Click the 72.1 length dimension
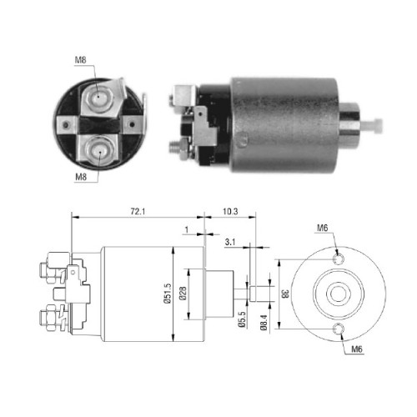pyautogui.click(x=138, y=212)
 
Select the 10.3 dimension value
pyautogui.click(x=230, y=212)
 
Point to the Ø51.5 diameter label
pyautogui.click(x=168, y=294)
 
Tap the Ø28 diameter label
pyautogui.click(x=183, y=294)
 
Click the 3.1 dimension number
pyautogui.click(x=230, y=242)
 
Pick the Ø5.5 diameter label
pyautogui.click(x=242, y=319)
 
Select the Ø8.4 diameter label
pyautogui.click(x=264, y=323)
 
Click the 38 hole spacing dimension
pyautogui.click(x=285, y=294)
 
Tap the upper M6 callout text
pyautogui.click(x=323, y=228)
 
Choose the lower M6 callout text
pyautogui.click(x=357, y=349)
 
